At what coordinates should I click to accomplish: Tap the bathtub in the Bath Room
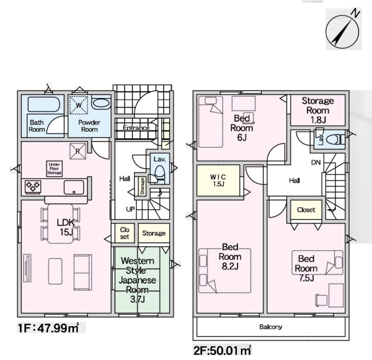tap(43, 104)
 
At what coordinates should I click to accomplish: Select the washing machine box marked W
tap(79, 105)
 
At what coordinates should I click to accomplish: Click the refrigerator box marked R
tap(77, 151)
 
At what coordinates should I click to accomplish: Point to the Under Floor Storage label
tap(55, 169)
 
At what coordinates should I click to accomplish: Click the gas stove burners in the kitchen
tap(33, 187)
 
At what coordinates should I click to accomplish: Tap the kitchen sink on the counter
tap(74, 187)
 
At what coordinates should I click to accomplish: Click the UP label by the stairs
tap(130, 209)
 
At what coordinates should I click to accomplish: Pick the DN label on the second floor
tap(316, 163)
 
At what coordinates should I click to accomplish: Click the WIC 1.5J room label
tap(218, 180)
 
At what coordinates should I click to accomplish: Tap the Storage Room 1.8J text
tap(317, 110)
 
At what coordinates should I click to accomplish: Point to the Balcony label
tap(271, 327)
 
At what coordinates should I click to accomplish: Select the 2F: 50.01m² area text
tap(223, 351)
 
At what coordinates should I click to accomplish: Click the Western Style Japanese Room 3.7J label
tap(138, 280)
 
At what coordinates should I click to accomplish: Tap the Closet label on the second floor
tap(306, 210)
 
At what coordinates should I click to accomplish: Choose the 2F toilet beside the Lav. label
tap(335, 140)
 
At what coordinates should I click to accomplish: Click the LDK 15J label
tap(66, 227)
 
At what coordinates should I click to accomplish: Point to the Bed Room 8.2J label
tap(230, 257)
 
